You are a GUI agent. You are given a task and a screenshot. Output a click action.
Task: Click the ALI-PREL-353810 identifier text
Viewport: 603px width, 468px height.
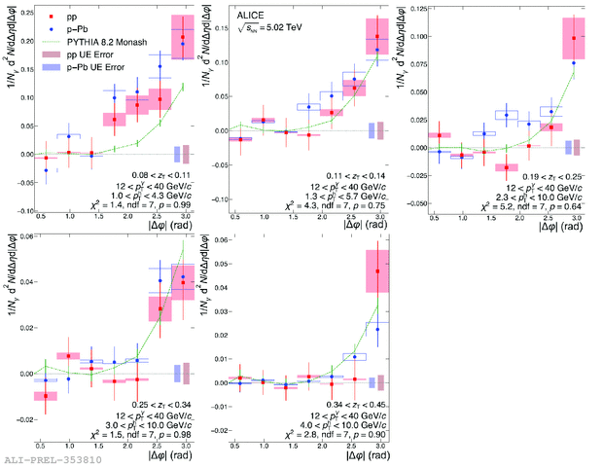(44, 458)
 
